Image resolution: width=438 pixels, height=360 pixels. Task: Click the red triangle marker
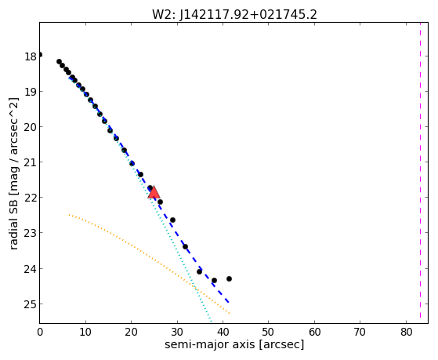click(154, 192)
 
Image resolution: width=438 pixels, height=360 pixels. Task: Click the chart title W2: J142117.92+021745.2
click(234, 15)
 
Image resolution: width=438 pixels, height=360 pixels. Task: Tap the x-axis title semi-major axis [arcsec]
click(234, 344)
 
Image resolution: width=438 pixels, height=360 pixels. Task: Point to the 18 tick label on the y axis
click(30, 56)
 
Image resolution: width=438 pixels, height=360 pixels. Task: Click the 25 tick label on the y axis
click(30, 304)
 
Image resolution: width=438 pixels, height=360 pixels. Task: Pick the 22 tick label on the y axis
click(30, 198)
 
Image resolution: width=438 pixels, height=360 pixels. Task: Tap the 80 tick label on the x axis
click(406, 332)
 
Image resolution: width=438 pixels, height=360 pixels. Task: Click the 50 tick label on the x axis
click(269, 332)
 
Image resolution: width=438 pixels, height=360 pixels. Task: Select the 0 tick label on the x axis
click(40, 332)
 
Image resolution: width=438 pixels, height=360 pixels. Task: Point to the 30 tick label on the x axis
click(177, 332)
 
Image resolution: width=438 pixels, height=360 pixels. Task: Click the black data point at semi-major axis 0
click(40, 55)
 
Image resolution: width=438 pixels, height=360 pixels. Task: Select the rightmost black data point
click(229, 279)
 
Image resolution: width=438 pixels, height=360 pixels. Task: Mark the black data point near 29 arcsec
click(172, 220)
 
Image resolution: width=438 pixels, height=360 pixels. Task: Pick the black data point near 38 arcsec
click(214, 280)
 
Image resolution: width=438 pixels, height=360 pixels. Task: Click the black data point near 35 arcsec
click(199, 271)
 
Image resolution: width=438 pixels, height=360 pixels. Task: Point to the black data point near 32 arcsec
click(185, 247)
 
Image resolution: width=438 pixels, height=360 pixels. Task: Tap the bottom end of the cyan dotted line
click(211, 322)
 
